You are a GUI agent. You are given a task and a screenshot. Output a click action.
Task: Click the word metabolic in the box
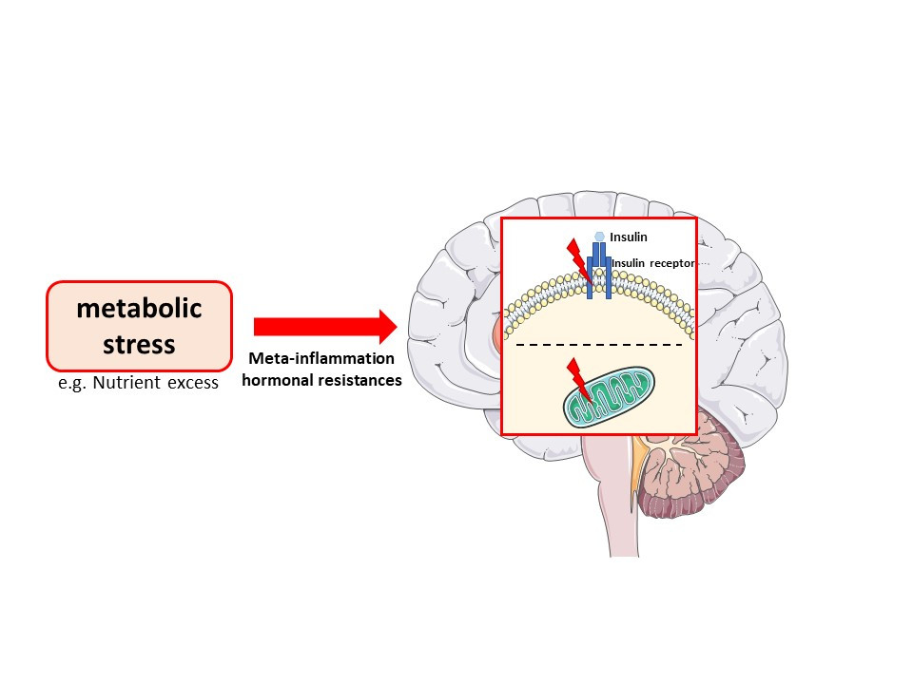pos(139,310)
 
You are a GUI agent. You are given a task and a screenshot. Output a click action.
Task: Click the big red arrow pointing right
pos(323,326)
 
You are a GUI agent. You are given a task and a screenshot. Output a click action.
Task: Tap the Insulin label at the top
pos(628,237)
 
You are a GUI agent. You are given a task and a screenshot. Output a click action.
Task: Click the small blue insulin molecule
pos(599,237)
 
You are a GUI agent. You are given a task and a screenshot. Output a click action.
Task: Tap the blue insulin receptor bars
pos(596,272)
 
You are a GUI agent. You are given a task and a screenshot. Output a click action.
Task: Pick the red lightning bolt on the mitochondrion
pos(577,377)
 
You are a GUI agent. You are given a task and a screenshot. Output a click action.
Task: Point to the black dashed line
pos(599,344)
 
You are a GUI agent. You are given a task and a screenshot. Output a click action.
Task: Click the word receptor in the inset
pos(675,263)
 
